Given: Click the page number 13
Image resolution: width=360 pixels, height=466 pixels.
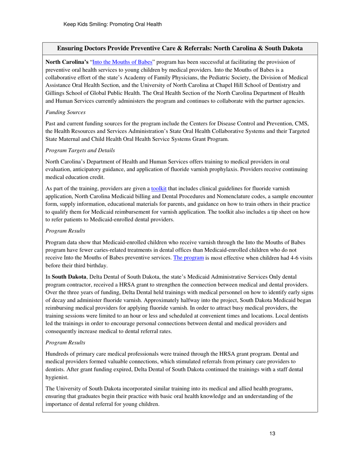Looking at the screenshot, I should (272, 434).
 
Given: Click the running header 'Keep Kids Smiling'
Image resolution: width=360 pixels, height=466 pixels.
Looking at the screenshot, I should (113, 24).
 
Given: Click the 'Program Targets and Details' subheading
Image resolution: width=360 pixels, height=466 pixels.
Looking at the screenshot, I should (80, 150).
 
